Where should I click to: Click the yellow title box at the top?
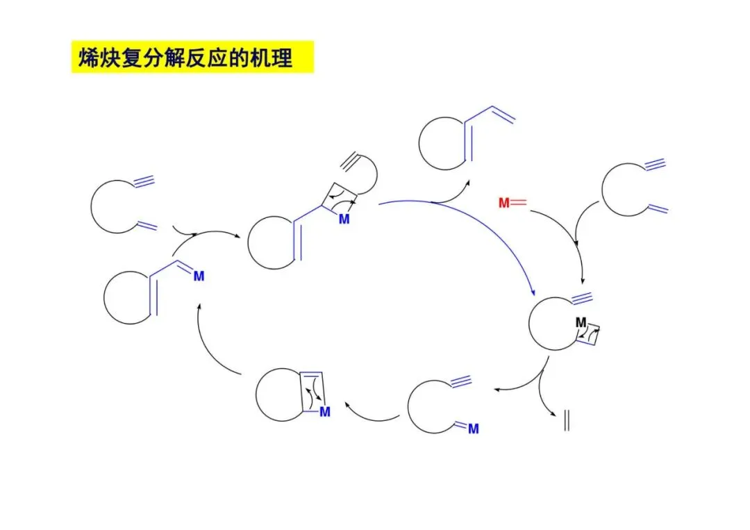pos(193,57)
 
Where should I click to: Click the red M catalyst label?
pos(505,203)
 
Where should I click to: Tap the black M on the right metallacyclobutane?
pos(581,323)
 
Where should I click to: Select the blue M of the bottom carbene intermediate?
pos(474,429)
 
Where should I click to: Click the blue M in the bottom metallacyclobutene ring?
pos(324,412)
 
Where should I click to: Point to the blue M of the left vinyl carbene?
pos(199,276)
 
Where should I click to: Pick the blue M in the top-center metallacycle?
pos(343,220)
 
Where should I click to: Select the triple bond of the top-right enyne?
pos(655,165)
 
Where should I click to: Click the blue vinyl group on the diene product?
pos(501,114)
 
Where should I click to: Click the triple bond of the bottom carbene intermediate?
pos(460,381)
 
